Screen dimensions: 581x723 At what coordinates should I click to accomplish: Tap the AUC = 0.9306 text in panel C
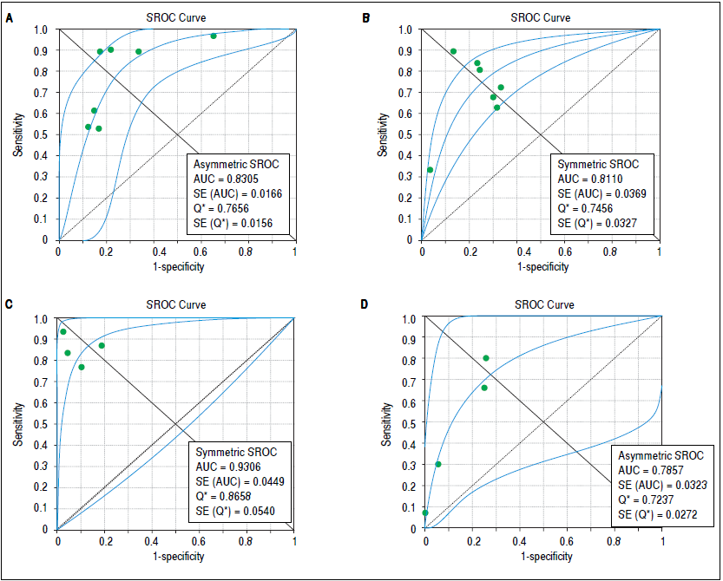pos(227,468)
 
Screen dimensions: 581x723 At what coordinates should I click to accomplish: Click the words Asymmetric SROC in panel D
pos(661,455)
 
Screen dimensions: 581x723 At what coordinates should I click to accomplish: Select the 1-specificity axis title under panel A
pos(177,266)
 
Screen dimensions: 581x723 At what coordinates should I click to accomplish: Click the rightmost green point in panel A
pos(214,36)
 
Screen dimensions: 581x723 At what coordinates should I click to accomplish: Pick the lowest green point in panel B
pos(430,170)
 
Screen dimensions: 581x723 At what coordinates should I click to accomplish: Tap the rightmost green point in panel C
pos(102,345)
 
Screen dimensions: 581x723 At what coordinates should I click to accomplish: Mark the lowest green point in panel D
pos(425,512)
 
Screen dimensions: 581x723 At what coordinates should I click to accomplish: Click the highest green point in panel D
pos(486,358)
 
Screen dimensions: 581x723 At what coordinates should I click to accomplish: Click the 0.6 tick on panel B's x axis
pos(564,251)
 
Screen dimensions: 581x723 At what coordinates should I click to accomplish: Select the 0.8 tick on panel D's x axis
pos(615,540)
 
